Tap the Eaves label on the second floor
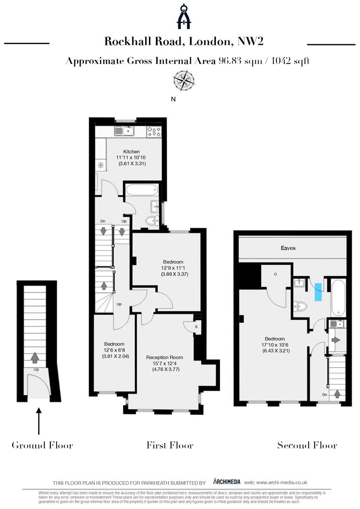288,247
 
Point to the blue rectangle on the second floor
319,292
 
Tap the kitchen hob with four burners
154,131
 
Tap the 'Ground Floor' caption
42,445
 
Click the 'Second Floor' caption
307,445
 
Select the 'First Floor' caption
170,445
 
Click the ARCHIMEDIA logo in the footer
227,482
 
